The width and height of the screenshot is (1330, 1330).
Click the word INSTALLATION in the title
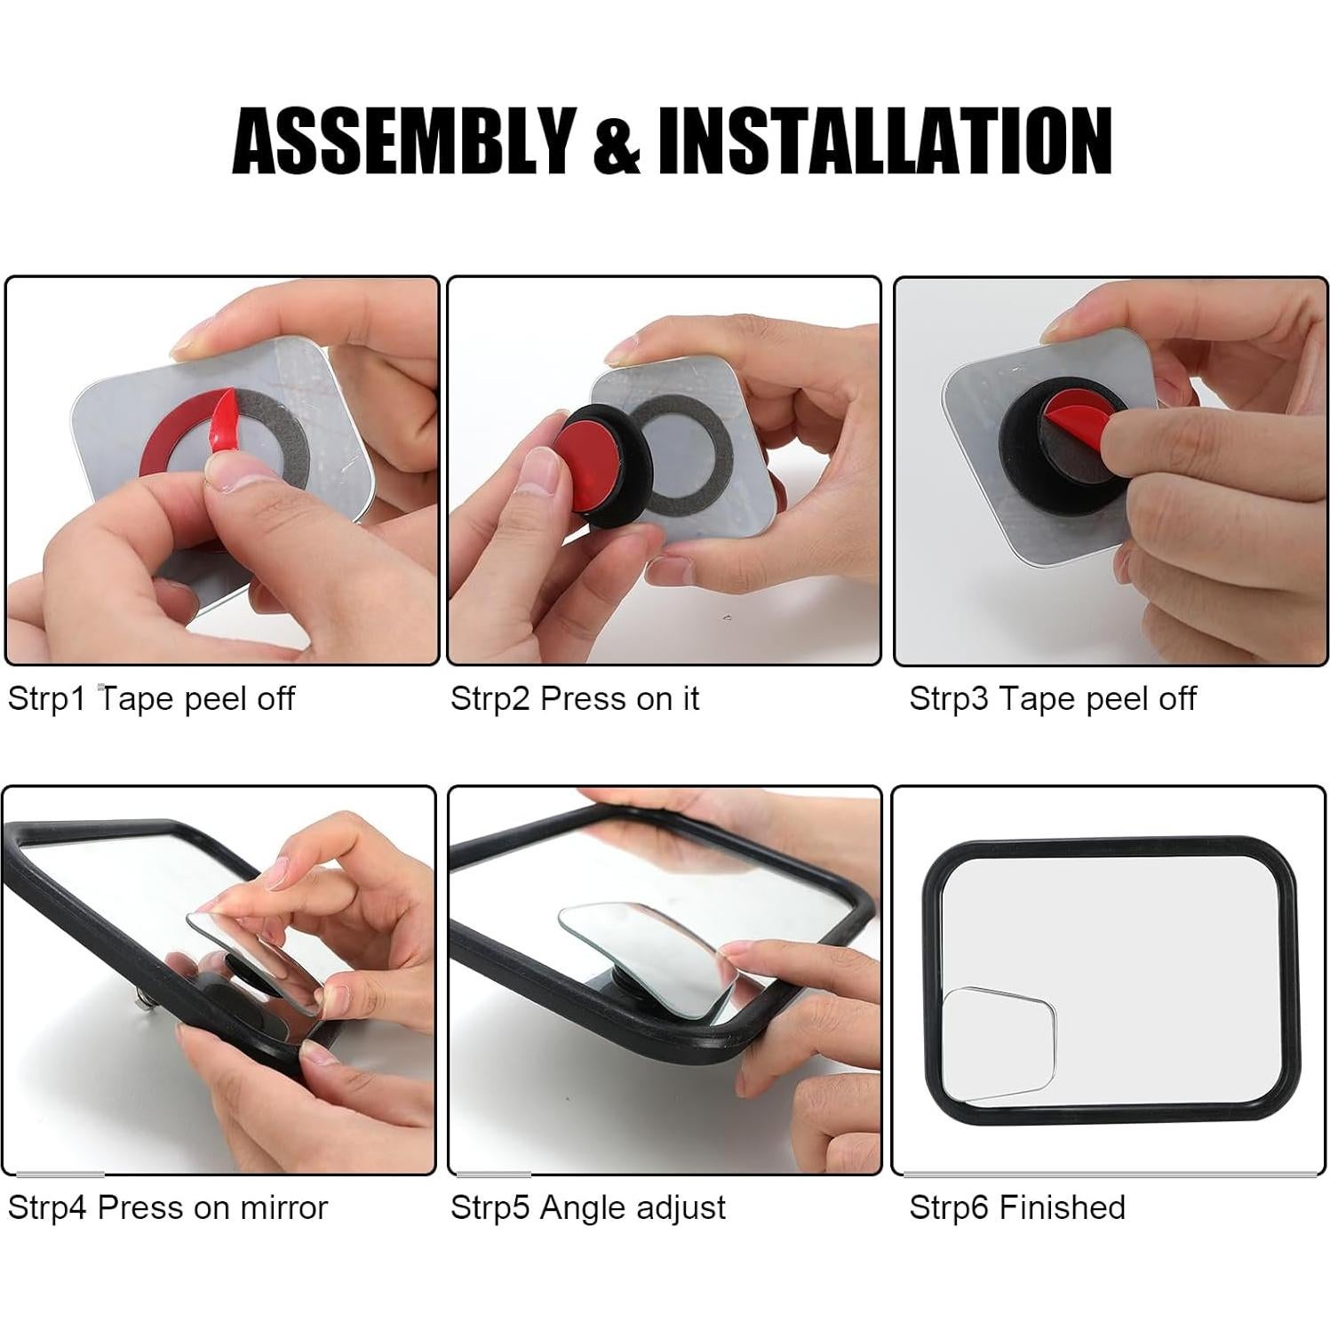coord(883,139)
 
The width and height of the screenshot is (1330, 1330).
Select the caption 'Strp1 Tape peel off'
coord(151,698)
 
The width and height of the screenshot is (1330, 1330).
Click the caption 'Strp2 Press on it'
coord(574,698)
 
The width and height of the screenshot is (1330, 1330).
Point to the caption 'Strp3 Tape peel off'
coord(1052,698)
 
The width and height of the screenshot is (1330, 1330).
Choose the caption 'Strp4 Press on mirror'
coord(167,1207)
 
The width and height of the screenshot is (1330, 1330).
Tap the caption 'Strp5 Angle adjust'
coord(587,1207)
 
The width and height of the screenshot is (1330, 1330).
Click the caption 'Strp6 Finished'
coord(1016,1207)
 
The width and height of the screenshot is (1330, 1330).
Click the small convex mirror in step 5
coord(649,946)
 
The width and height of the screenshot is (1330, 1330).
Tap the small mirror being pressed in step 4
coord(258,960)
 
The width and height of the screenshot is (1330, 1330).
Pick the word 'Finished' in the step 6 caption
coord(1061,1207)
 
